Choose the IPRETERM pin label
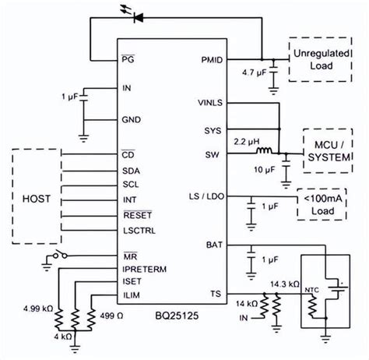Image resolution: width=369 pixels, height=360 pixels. coord(146,268)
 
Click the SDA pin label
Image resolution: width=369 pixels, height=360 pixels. coord(131,170)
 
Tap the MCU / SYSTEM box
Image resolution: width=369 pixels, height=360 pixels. coord(331,151)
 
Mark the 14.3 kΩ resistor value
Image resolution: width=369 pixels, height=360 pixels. coord(282,283)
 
